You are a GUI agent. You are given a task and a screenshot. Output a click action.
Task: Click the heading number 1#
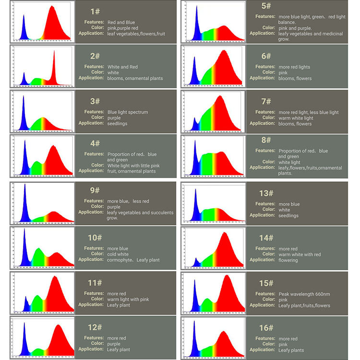pos(95,11)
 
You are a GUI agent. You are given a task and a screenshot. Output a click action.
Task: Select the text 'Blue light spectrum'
pos(128,112)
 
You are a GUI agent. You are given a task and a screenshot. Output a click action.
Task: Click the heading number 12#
pos(95,327)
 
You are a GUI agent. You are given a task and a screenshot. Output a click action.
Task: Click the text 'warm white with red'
pos(300,254)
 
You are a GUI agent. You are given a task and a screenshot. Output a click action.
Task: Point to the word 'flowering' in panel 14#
pos(288,260)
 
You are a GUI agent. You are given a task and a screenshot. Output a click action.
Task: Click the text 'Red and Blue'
pos(121,23)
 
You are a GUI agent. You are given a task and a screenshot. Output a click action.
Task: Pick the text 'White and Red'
pos(122,67)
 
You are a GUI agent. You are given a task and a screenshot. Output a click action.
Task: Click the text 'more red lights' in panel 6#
pos(294,67)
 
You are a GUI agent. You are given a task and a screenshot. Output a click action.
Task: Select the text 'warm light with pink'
pos(128,300)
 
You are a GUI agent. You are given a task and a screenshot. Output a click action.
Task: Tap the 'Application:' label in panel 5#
pos(262,34)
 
